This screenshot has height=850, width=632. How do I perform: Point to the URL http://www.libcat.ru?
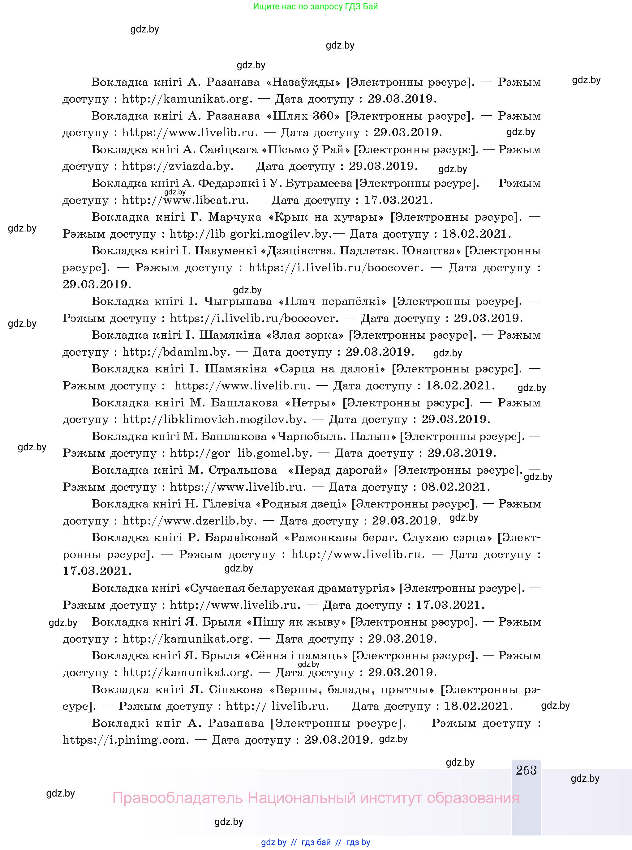[x=186, y=200]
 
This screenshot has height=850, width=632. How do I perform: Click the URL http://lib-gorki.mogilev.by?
[x=251, y=234]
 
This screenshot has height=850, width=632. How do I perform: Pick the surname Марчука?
[x=235, y=217]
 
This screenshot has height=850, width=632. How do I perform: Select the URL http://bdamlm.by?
[x=176, y=352]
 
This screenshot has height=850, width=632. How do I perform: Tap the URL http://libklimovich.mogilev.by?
[x=214, y=420]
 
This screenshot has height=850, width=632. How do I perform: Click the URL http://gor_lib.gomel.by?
[x=241, y=453]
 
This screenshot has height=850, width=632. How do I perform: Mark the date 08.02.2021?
[x=455, y=487]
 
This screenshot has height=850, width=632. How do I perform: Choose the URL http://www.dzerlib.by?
[x=189, y=521]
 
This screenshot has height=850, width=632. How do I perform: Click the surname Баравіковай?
[x=241, y=538]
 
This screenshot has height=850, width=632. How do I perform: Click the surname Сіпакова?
[x=236, y=690]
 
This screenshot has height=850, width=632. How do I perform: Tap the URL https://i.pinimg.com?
[x=126, y=740]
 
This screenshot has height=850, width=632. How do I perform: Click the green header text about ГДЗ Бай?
[x=315, y=6]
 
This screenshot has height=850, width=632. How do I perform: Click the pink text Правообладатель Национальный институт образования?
[x=316, y=798]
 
